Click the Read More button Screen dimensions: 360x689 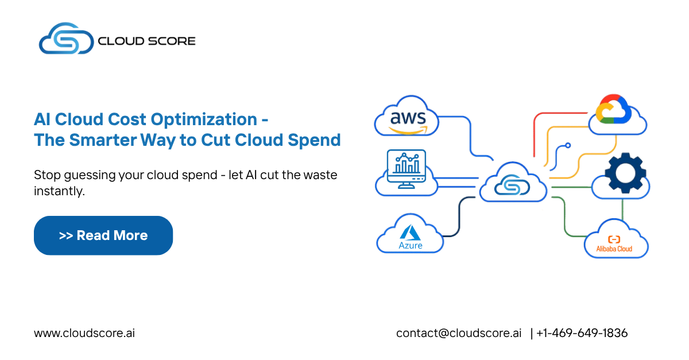(103, 235)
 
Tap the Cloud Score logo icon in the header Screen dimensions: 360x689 (65, 40)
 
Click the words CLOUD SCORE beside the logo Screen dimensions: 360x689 (146, 41)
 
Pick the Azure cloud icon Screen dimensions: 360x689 (410, 235)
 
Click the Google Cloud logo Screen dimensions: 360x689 (614, 110)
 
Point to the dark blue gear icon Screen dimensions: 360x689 (625, 173)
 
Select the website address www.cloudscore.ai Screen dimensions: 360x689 (84, 333)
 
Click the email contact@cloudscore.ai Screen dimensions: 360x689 (459, 333)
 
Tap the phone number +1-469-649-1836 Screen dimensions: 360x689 (582, 333)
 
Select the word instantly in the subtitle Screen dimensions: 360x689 (59, 191)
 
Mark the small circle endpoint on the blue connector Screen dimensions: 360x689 (568, 146)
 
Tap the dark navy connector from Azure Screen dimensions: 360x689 (459, 218)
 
